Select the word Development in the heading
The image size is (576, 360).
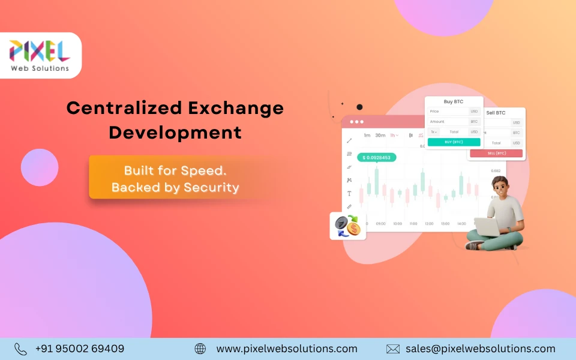pos(175,132)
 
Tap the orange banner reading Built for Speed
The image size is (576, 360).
pos(175,178)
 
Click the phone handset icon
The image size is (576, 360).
pos(20,349)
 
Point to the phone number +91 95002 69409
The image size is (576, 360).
pos(80,349)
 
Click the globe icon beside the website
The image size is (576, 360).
pos(200,349)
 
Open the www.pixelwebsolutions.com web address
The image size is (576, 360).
pos(286,349)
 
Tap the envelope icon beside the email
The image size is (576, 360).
pos(393,349)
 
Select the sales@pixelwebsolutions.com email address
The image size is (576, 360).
pos(480,349)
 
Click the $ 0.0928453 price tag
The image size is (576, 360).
pos(376,158)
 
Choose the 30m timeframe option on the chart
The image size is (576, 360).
pos(380,136)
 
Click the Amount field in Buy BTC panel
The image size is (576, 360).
pos(448,122)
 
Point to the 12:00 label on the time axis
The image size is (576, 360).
pos(429,224)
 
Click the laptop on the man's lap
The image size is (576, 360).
pos(487,226)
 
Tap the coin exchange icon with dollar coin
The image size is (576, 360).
pos(347,226)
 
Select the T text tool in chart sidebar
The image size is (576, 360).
pos(349,193)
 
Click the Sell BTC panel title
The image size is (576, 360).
pos(496,113)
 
